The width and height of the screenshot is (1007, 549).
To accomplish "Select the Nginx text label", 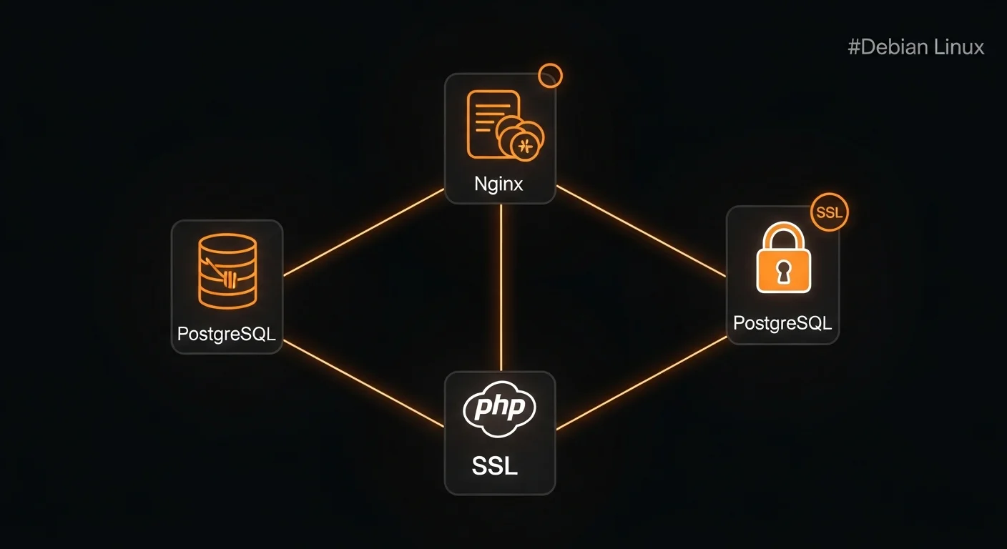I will tap(498, 184).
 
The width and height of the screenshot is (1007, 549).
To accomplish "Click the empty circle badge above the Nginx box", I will tap(550, 75).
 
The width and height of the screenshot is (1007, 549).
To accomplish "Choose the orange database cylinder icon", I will tap(227, 272).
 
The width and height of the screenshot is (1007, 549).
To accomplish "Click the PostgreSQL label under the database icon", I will tap(226, 334).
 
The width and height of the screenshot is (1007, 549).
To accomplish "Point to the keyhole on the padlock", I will tap(783, 272).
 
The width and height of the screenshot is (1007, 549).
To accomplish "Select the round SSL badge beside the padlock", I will tap(830, 212).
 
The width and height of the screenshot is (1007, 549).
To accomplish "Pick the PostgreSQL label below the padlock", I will tap(782, 323).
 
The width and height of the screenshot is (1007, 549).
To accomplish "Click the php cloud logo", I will tap(499, 410).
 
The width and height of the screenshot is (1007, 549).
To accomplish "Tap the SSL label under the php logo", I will tap(494, 466).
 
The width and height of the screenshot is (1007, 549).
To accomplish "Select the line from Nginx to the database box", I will tap(363, 232).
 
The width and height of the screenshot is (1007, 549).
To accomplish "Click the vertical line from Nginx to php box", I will tap(501, 286).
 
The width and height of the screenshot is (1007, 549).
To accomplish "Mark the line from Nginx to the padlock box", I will tap(640, 230).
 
